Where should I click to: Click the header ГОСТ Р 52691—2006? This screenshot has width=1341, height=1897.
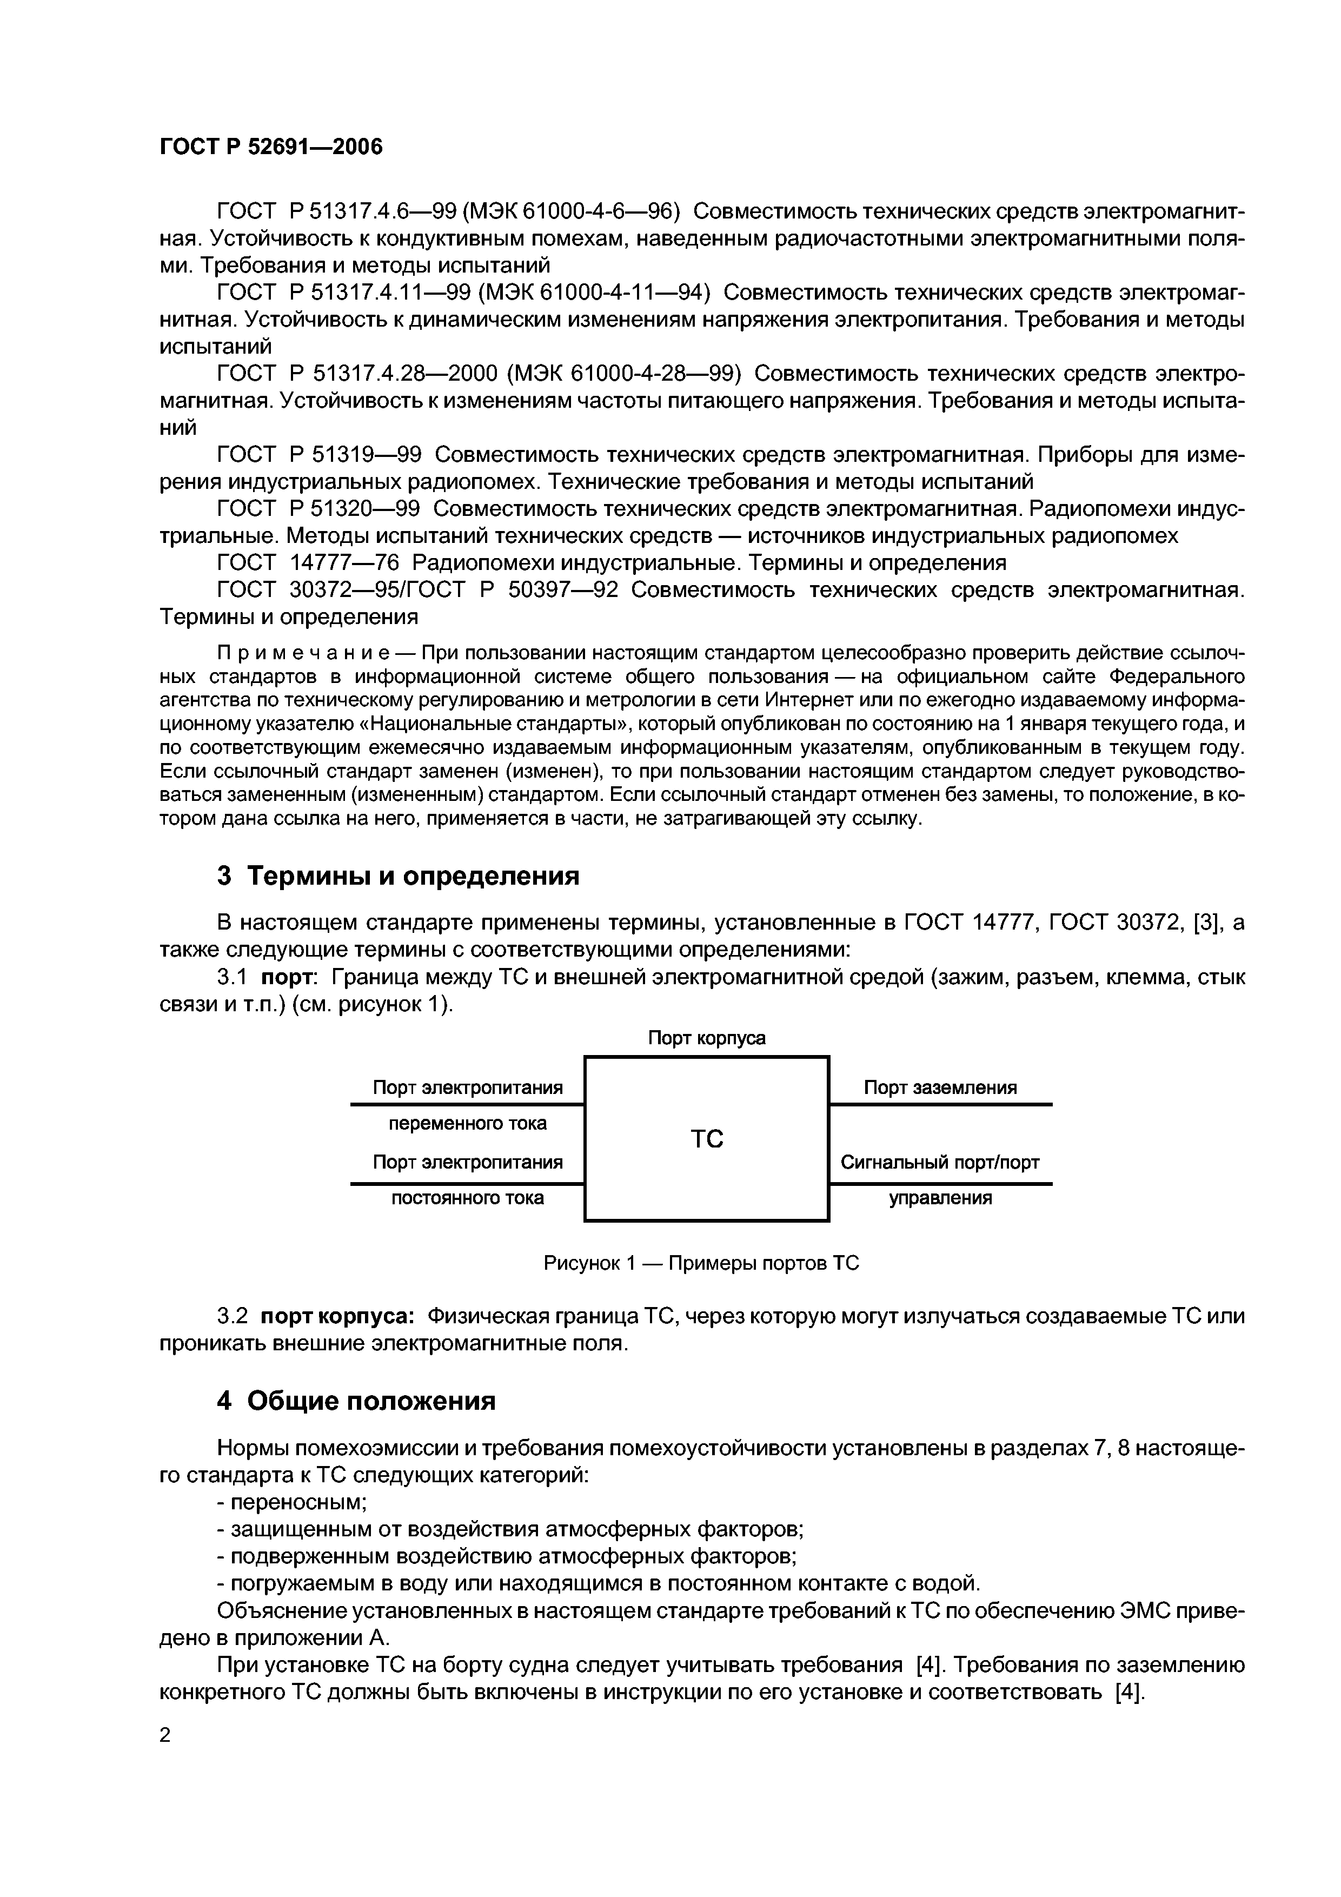point(271,147)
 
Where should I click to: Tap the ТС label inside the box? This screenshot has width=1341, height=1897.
point(706,1139)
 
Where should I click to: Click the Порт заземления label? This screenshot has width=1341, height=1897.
point(940,1087)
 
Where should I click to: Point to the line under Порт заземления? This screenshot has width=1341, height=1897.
point(940,1105)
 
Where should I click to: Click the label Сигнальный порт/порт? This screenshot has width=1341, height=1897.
point(940,1163)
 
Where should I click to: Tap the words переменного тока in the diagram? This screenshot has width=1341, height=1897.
point(468,1124)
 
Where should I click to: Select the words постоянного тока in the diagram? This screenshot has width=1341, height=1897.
point(468,1198)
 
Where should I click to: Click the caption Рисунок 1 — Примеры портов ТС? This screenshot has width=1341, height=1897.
point(701,1263)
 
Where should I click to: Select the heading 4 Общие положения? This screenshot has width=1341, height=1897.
point(356,1401)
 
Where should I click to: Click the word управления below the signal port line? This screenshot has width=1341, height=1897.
point(940,1198)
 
